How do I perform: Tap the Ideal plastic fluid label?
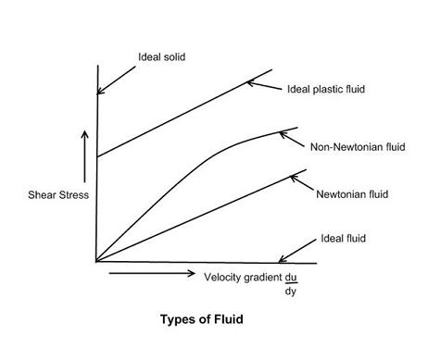point(327,90)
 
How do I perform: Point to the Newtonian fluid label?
point(352,194)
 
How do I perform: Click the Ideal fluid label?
point(344,238)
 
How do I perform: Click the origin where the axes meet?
point(96,262)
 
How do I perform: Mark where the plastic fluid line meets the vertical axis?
point(96,155)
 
